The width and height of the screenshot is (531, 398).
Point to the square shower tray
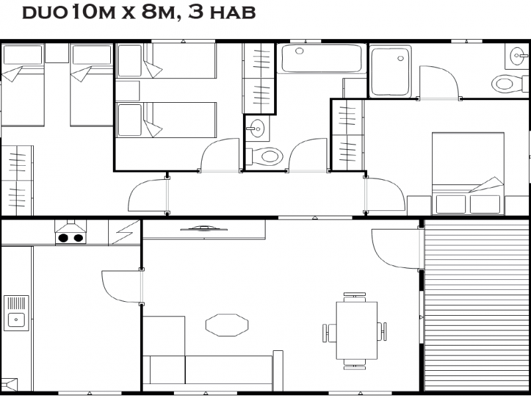(x=390, y=70)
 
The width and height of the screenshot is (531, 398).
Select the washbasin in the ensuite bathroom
(x=517, y=57)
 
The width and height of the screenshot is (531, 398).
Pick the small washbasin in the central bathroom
(x=255, y=127)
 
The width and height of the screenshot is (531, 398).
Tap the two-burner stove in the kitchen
(x=70, y=237)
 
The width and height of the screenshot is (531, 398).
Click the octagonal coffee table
(x=227, y=325)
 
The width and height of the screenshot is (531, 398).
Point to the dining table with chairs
(x=356, y=330)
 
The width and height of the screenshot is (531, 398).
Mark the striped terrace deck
(x=476, y=305)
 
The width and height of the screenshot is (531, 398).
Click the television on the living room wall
(x=204, y=229)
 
